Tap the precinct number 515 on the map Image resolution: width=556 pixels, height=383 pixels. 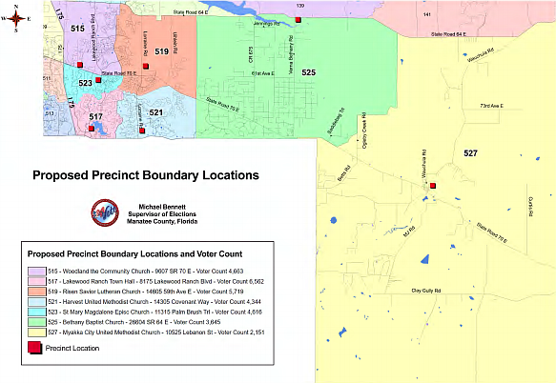tap(77, 30)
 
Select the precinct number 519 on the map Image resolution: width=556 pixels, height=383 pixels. tap(162, 51)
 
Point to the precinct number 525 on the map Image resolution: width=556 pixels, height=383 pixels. tap(308, 72)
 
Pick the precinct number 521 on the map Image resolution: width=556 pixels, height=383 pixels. tap(155, 113)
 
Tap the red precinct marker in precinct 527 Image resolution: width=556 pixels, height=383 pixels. tap(432, 186)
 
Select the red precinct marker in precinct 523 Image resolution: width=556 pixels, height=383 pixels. tap(112, 80)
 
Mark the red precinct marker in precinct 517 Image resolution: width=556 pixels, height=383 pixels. tap(91, 127)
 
